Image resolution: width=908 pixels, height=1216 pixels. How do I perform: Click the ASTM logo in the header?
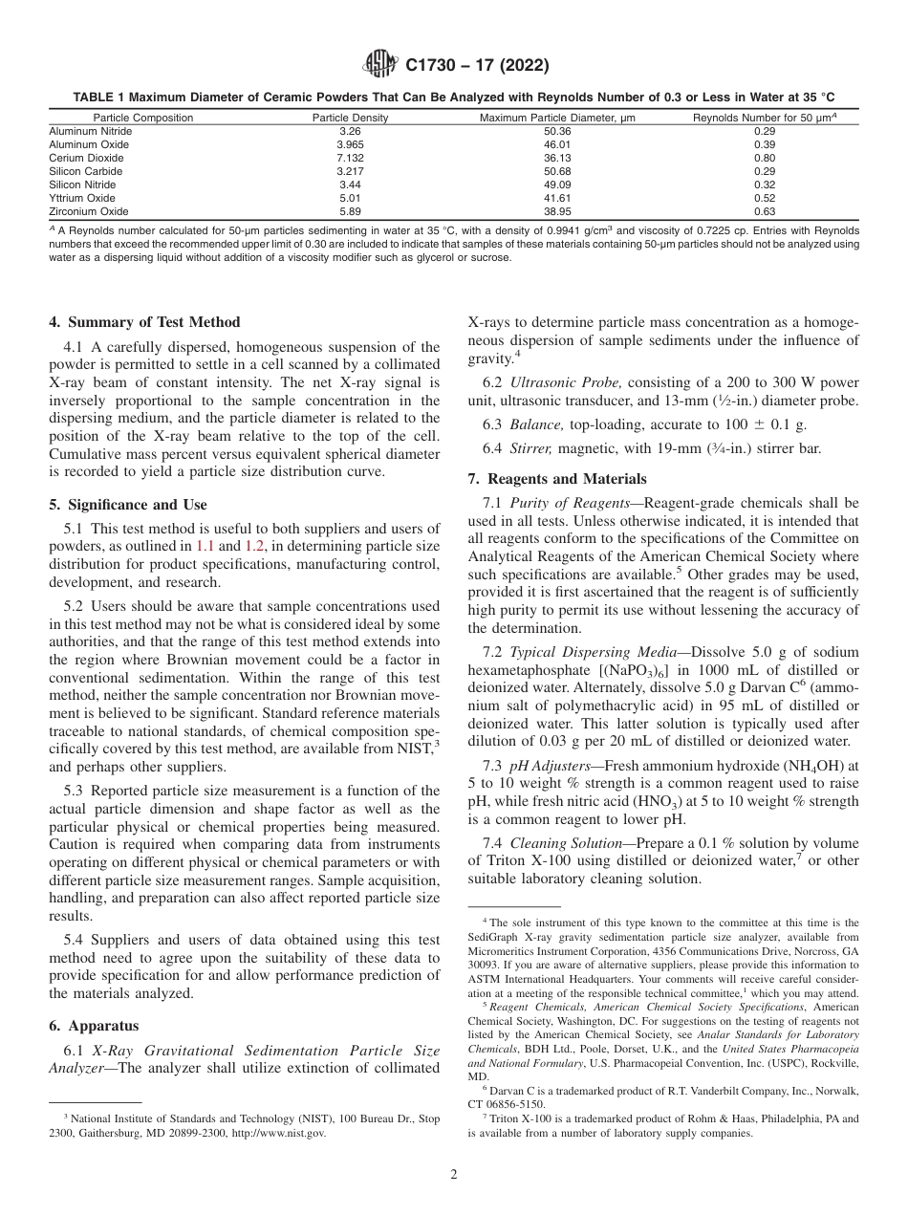pos(380,66)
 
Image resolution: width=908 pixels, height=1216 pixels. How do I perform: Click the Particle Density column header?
pos(350,118)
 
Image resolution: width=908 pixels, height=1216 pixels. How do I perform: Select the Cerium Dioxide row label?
pos(86,158)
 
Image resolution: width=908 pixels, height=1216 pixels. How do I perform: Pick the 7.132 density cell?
pos(350,158)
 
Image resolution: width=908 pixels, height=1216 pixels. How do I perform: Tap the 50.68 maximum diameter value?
pos(556,171)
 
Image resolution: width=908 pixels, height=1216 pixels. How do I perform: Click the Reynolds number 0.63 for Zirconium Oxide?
pos(764,211)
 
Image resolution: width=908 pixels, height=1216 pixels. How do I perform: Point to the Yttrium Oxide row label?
pos(81,198)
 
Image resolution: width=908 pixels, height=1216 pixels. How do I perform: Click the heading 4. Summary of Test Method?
pos(144,322)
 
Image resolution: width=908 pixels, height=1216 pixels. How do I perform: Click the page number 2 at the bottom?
pos(454,1175)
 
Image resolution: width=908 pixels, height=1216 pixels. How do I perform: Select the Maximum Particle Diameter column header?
pos(557,118)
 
